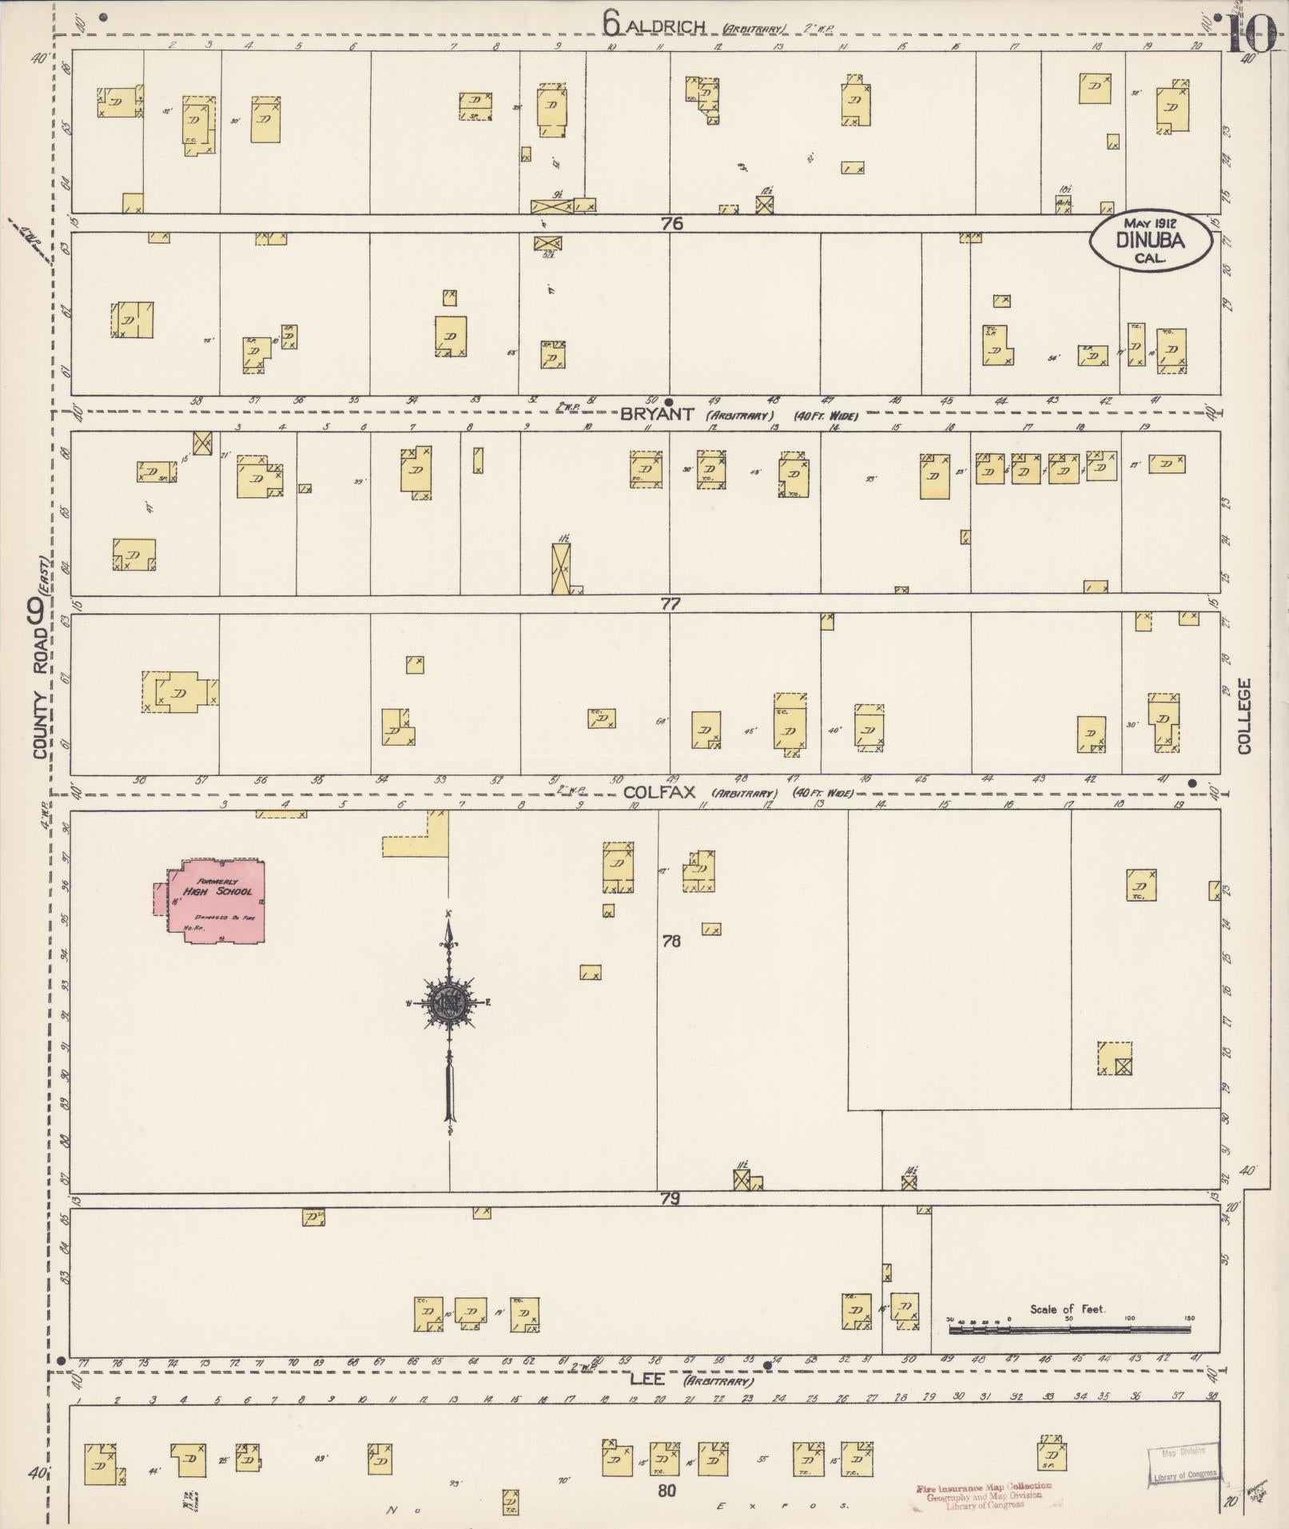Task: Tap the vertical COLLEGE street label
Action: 1243,716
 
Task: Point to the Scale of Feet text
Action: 1068,1309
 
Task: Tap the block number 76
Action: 672,224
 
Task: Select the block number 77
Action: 670,604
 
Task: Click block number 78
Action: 670,942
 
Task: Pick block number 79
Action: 670,1199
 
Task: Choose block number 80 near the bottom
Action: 667,1490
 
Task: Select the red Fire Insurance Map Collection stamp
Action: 983,1495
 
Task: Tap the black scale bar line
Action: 1069,1330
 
